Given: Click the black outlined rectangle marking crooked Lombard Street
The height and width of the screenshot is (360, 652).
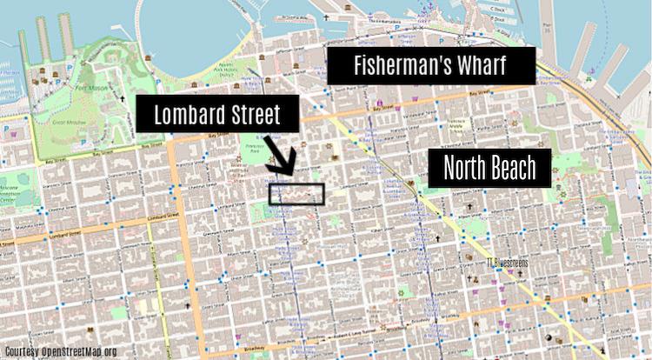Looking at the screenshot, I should pos(296,194).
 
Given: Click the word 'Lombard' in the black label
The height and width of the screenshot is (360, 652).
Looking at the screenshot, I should pos(183,116).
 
